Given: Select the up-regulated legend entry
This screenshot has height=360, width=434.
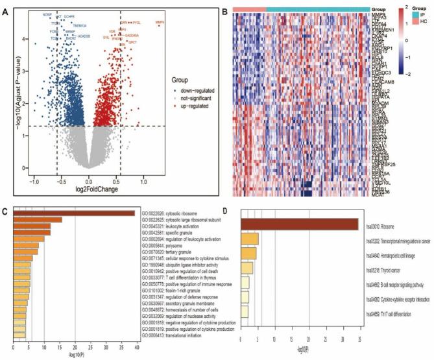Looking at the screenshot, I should coord(192,104).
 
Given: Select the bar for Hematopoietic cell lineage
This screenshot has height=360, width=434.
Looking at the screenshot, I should coord(248,253).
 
